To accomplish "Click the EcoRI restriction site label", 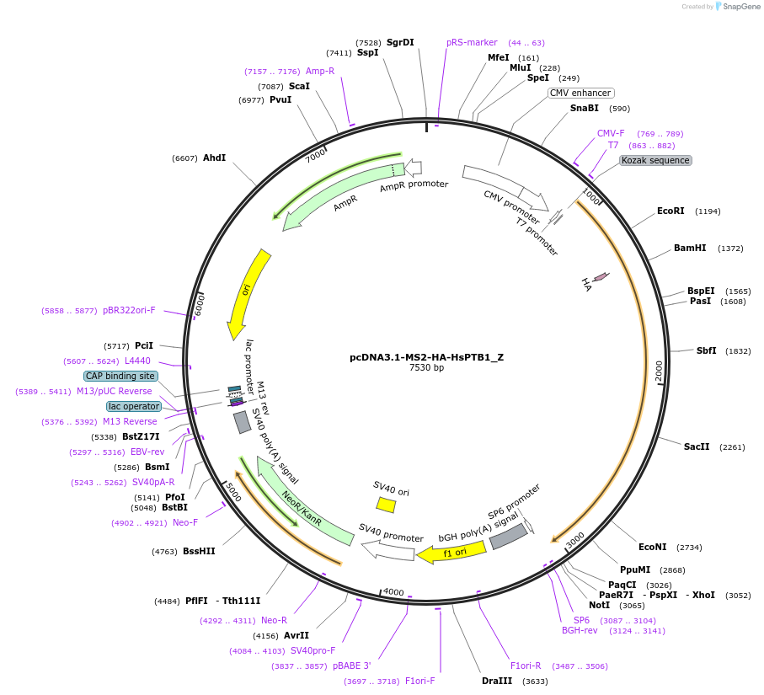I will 671,211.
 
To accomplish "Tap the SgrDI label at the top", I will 400,42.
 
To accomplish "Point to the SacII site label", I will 697,446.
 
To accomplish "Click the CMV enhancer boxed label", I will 580,93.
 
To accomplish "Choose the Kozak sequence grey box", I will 655,160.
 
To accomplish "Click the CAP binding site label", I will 120,376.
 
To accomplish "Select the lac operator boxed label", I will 134,406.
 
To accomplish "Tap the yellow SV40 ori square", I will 386,504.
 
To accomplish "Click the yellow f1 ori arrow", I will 451,553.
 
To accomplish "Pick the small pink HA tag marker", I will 601,276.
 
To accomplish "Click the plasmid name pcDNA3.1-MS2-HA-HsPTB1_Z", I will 426,357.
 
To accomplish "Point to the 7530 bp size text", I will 426,368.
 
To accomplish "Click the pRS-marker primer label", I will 472,42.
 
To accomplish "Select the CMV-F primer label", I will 611,133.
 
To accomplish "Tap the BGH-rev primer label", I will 580,630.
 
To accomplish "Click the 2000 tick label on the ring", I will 659,370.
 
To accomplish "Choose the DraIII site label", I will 496,681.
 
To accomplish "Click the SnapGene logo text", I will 739,7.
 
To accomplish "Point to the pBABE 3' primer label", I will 351,666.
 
